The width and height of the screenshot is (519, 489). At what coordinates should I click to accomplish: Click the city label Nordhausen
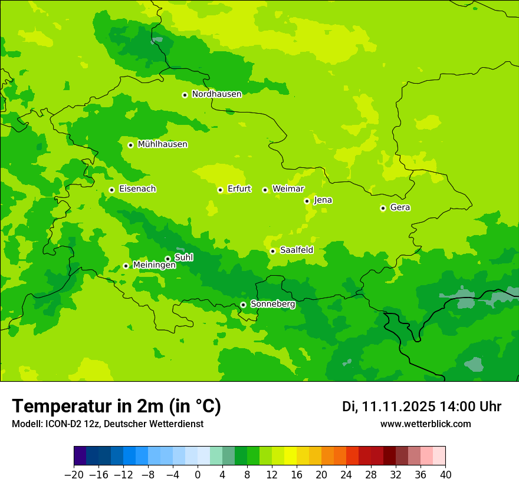(x=216, y=94)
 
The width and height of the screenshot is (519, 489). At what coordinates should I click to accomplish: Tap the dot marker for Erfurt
(x=220, y=190)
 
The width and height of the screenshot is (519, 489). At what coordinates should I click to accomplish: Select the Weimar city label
(x=288, y=189)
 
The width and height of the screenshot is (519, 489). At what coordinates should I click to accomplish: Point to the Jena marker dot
(x=307, y=201)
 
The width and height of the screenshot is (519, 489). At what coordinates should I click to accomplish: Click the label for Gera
(x=400, y=207)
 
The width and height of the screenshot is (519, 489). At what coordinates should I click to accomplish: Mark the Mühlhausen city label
(x=162, y=144)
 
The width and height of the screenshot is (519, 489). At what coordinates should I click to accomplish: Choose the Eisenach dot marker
(x=111, y=190)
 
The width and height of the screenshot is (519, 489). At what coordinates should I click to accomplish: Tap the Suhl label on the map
(x=183, y=257)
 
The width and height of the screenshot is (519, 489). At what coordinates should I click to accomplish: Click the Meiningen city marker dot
(x=126, y=266)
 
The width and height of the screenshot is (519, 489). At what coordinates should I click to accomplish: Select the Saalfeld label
(x=296, y=250)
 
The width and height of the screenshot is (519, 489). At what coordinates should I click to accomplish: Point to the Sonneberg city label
(x=272, y=304)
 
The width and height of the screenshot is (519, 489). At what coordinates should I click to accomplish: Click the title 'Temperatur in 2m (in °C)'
(x=116, y=406)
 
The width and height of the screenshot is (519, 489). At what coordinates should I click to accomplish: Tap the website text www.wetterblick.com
(x=425, y=424)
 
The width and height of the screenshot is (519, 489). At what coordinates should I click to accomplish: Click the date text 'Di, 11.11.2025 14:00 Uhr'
(x=421, y=407)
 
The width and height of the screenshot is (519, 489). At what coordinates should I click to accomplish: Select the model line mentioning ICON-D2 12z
(x=107, y=424)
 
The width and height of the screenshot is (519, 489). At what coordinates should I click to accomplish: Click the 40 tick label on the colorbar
(x=445, y=475)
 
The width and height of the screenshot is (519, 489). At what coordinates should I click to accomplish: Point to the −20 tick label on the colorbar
(x=74, y=475)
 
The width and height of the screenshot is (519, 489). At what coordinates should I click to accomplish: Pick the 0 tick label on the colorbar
(x=198, y=475)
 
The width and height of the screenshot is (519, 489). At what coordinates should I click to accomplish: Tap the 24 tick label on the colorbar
(x=346, y=475)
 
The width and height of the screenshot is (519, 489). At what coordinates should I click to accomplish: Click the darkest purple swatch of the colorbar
(x=80, y=456)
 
